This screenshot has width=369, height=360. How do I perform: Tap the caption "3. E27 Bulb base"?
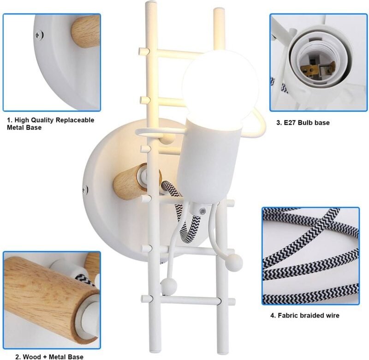tap(303, 122)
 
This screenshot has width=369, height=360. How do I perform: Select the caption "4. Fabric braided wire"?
tap(305, 315)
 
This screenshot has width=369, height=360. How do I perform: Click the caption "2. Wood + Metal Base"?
tap(49, 357)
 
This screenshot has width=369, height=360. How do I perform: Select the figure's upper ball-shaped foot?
tap(234, 262)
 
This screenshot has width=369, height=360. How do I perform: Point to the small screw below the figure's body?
tap(202, 211)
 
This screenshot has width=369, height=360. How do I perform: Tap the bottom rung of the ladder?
tap(188, 300)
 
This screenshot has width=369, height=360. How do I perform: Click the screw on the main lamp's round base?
tap(85, 190)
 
